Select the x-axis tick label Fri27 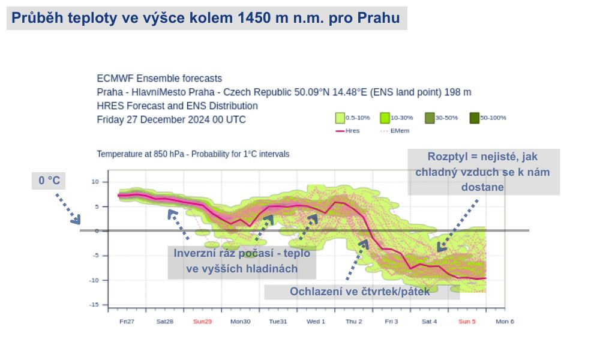click(x=127, y=322)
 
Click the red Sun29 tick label click(x=202, y=322)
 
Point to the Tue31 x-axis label click(x=277, y=322)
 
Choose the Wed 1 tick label click(x=316, y=322)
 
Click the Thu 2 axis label click(x=353, y=322)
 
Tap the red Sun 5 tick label click(x=467, y=322)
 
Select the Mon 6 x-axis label click(x=505, y=322)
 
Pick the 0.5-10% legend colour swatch click(x=340, y=118)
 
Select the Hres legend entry click(x=347, y=130)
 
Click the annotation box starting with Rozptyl click(x=484, y=172)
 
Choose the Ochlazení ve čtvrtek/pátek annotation click(x=362, y=292)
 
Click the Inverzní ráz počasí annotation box click(x=242, y=261)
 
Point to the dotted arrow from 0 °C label click(x=67, y=209)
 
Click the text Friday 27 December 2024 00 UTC click(x=171, y=119)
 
